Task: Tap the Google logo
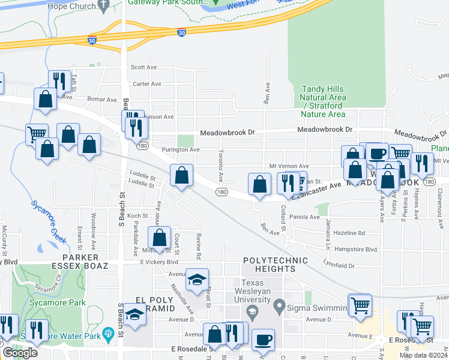[x=20, y=353]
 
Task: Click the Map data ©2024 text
[x=424, y=355]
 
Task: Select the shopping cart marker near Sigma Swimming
[x=360, y=305]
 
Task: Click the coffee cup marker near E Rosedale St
[x=263, y=340]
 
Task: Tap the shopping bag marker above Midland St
[x=159, y=237]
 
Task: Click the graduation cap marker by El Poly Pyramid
[x=136, y=316]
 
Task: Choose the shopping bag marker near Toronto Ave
[x=181, y=175]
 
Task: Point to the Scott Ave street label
[x=143, y=68]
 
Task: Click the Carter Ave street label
[x=145, y=84]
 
